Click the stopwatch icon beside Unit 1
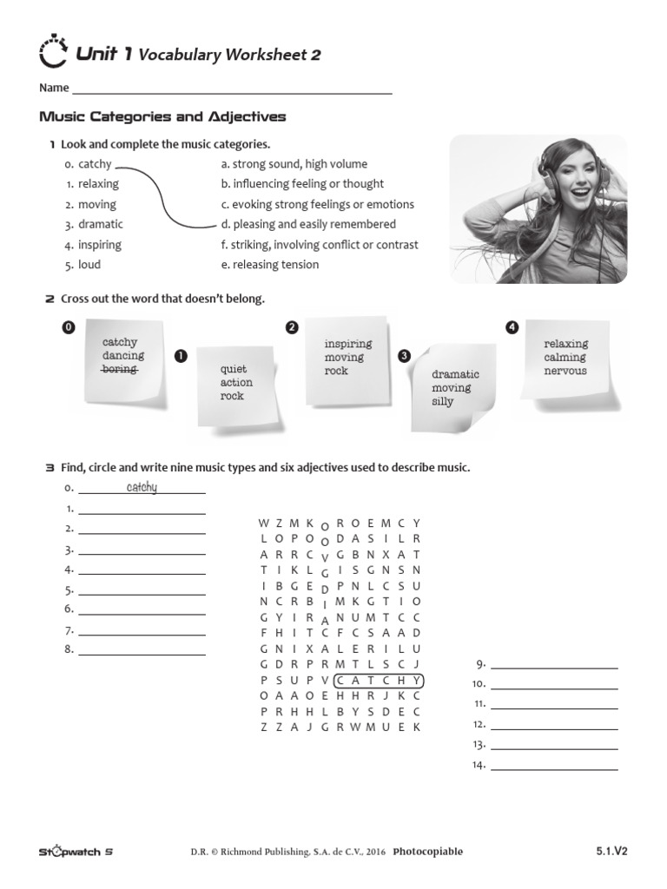tap(53, 53)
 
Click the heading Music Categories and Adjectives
tap(163, 116)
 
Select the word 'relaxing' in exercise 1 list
tap(98, 184)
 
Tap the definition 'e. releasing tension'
tap(270, 265)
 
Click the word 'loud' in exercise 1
tap(89, 265)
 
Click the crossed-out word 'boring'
tap(120, 369)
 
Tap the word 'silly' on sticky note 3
tap(443, 402)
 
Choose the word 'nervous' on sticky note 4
tap(565, 371)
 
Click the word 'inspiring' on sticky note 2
tap(348, 344)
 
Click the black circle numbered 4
tap(512, 326)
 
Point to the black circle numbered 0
tap(69, 326)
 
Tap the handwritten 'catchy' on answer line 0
tap(142, 487)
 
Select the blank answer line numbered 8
tap(142, 651)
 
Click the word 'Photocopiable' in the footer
tap(427, 852)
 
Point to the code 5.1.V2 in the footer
tap(611, 851)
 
